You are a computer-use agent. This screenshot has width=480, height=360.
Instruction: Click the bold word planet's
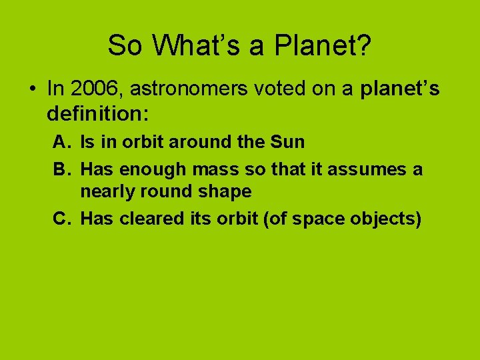pos(400,89)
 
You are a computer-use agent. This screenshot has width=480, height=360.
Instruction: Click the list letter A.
pos(61,141)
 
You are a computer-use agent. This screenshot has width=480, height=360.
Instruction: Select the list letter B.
pos(61,169)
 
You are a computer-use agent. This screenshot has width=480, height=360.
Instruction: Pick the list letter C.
pos(61,219)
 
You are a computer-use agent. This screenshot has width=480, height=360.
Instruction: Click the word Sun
pos(288,141)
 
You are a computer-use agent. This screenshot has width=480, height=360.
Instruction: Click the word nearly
pos(107,192)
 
